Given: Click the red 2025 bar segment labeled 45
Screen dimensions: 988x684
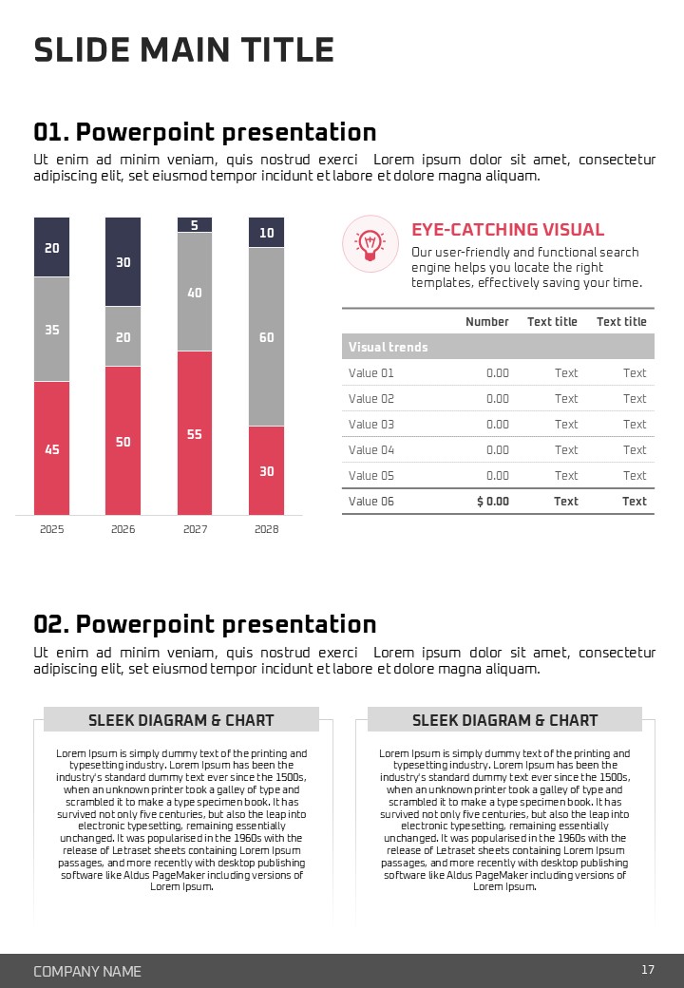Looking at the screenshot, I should [x=51, y=447].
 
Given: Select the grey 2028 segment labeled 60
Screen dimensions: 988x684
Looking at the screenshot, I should [x=266, y=336].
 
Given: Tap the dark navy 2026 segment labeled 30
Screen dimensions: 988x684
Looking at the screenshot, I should [x=123, y=261].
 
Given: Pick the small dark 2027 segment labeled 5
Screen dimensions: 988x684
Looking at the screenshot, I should [x=195, y=225].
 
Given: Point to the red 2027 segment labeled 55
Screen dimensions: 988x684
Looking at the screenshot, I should [x=195, y=433].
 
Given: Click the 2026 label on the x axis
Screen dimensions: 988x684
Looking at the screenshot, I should [x=123, y=529].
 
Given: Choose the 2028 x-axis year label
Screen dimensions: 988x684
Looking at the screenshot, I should [x=266, y=529].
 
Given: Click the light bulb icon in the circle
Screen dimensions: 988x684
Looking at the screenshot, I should [x=369, y=242].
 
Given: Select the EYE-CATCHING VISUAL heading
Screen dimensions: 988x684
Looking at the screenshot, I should [x=507, y=230].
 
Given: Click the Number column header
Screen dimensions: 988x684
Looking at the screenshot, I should [x=486, y=322].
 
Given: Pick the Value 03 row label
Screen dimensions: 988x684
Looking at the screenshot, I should [x=370, y=425].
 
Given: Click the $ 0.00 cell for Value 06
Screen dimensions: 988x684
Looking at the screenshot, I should [x=492, y=502].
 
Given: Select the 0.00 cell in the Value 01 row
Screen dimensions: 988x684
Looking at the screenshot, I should [x=497, y=373].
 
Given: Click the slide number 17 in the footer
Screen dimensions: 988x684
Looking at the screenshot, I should [x=648, y=970].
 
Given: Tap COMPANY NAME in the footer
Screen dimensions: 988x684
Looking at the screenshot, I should [x=87, y=971].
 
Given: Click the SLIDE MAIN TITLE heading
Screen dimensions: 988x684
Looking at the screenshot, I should [x=183, y=49].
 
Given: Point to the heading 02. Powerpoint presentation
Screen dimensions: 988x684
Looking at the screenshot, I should [x=205, y=624].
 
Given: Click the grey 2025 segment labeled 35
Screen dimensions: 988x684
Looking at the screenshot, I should [x=51, y=329].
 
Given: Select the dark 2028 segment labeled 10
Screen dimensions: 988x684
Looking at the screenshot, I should [x=266, y=233].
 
